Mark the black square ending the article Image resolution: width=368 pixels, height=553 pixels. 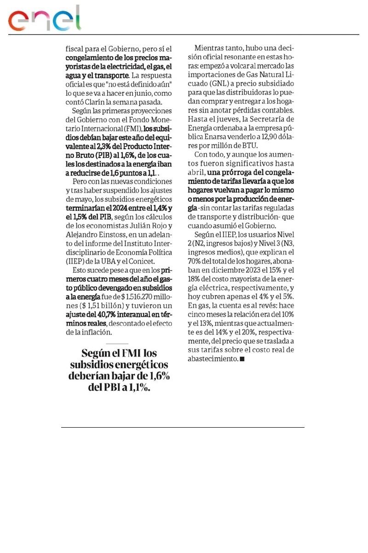pos(242,359)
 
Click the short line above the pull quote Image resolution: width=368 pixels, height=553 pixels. pos(117,344)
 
